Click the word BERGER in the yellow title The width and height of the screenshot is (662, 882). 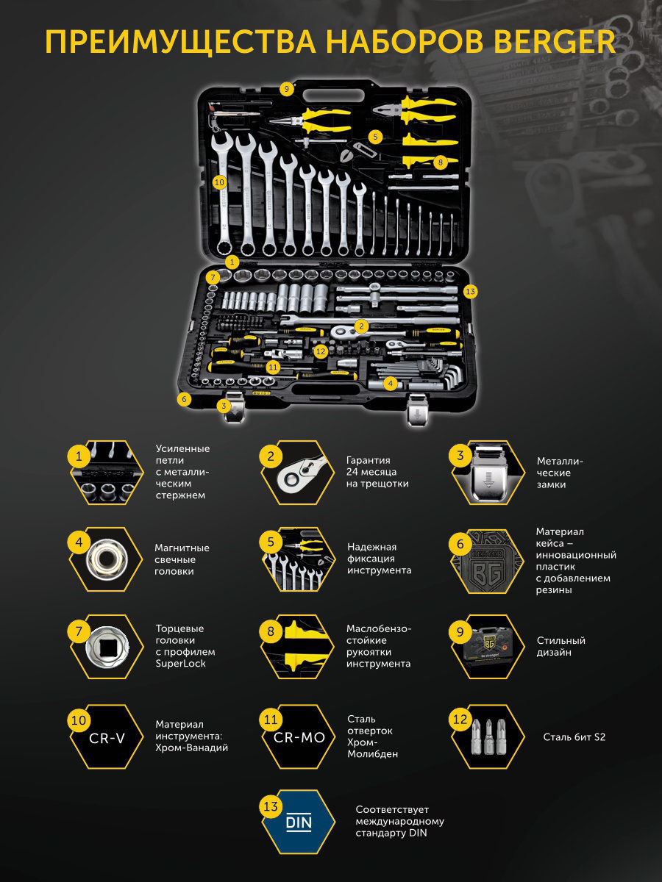point(555,41)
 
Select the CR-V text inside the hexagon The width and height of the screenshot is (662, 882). point(107,738)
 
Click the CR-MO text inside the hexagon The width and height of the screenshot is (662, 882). point(299,737)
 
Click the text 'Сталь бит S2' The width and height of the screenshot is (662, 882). point(574,737)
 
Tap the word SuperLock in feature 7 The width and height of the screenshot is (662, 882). point(180,664)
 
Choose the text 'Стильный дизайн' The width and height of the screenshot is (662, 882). point(561,646)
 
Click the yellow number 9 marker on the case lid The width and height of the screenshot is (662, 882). point(287,89)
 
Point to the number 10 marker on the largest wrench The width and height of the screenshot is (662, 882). point(219,182)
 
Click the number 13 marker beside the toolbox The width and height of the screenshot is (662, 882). point(470,292)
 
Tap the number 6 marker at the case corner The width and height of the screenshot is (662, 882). point(184,399)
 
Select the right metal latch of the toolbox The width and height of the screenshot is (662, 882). point(417,409)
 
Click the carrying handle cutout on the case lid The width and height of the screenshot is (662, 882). point(333,96)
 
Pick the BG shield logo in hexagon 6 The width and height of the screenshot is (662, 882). point(488,568)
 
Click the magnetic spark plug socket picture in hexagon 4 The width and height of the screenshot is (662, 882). point(107,559)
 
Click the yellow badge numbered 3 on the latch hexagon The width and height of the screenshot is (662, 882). point(460,455)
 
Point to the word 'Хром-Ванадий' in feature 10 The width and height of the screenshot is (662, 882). point(191,747)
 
